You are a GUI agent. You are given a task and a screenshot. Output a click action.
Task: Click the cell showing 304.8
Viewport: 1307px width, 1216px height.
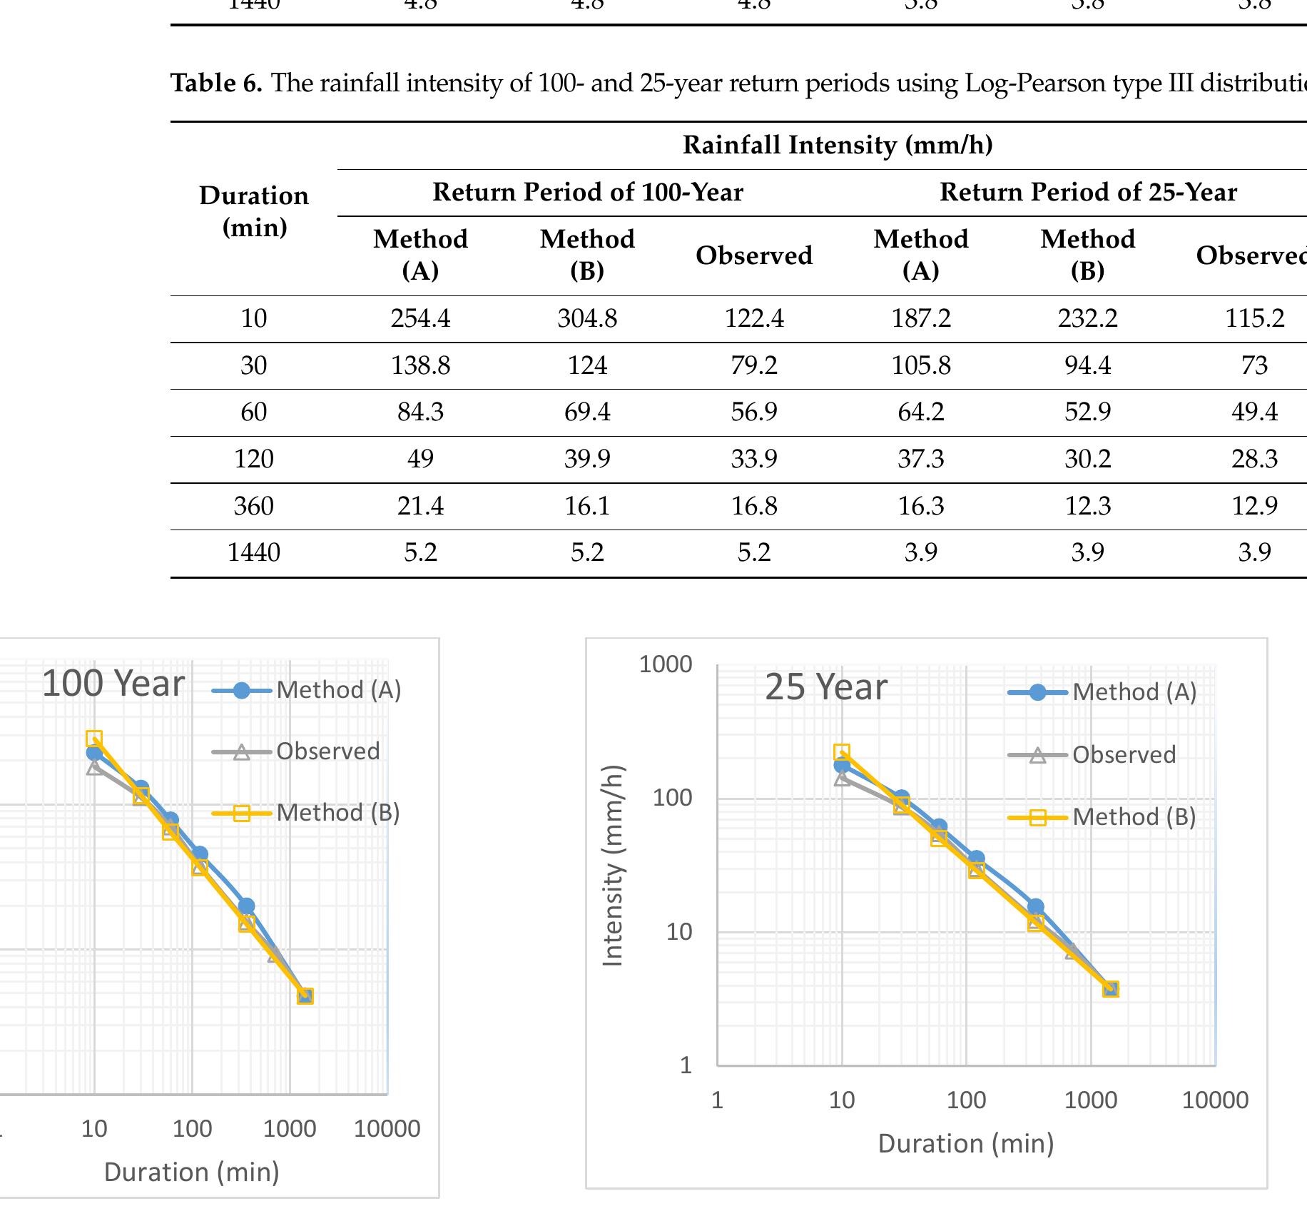point(587,318)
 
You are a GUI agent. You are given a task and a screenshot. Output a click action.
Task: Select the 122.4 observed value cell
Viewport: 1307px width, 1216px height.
point(754,318)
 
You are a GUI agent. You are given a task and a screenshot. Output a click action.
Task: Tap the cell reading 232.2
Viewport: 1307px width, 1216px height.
point(1087,318)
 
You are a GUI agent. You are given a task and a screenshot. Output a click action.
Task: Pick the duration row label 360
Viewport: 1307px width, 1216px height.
point(253,507)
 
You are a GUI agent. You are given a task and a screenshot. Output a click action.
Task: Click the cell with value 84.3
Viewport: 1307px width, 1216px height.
point(420,412)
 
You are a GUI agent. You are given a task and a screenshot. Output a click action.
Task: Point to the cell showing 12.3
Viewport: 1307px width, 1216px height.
point(1087,507)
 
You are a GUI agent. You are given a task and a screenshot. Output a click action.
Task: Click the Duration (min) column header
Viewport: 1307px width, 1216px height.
point(254,211)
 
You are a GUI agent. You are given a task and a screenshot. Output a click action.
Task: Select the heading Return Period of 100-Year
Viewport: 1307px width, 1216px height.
point(587,193)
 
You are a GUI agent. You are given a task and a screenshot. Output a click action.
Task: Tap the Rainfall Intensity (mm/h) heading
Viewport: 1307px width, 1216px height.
point(837,146)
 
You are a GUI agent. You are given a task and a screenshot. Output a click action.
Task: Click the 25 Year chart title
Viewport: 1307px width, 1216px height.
point(825,688)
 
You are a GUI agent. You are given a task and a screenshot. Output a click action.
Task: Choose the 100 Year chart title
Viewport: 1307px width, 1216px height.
point(113,684)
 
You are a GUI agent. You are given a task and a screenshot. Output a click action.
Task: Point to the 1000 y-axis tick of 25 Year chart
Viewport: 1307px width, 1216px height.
point(665,665)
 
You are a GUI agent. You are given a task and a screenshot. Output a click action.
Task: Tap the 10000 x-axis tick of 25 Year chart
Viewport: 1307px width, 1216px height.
point(1215,1100)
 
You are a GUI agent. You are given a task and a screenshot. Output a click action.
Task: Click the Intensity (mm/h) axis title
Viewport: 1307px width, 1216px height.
point(614,866)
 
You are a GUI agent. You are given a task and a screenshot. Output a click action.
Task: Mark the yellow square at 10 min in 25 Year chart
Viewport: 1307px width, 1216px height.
point(842,752)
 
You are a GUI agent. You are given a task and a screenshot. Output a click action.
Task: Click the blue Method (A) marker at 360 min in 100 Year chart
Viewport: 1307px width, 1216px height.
point(246,906)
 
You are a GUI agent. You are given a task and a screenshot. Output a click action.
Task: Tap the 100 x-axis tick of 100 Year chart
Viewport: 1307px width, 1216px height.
point(192,1129)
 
